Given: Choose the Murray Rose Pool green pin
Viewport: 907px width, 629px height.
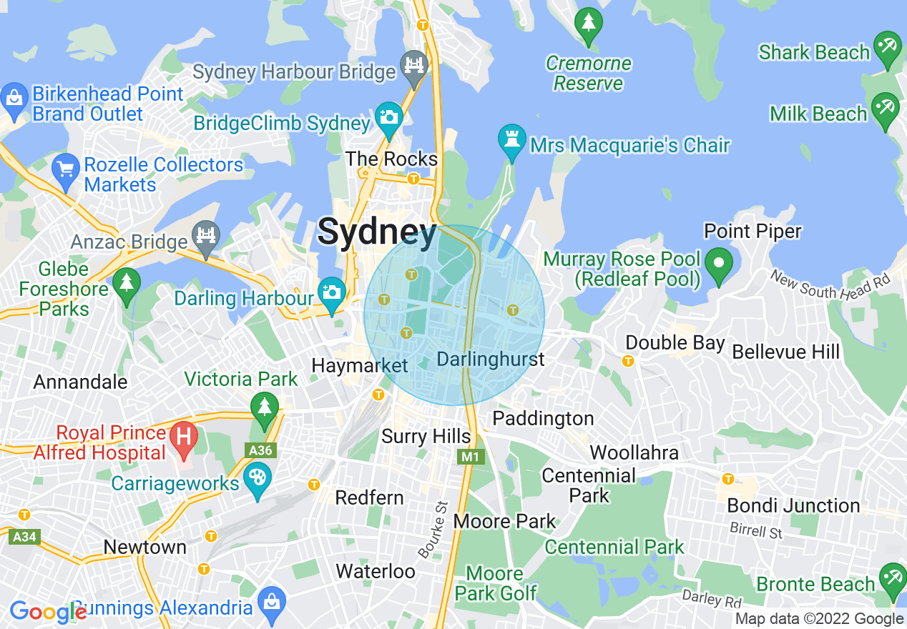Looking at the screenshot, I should coord(718,263).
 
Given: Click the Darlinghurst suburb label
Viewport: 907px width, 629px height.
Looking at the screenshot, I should coord(490,359).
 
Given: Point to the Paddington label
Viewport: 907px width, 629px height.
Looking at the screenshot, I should coord(543,418).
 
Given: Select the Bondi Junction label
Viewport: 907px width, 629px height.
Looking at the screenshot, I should coord(793,505).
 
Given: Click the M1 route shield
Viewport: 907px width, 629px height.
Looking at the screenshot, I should coord(469,456).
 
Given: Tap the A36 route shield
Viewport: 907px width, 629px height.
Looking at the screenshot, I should coord(260,450).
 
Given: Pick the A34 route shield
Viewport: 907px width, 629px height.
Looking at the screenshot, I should coord(24,536).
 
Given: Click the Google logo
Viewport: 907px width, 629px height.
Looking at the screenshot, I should coord(47,612).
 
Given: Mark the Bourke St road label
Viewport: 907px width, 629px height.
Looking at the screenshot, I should coord(433,530).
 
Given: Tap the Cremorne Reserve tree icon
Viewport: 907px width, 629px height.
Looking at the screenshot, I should coord(589,24).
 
